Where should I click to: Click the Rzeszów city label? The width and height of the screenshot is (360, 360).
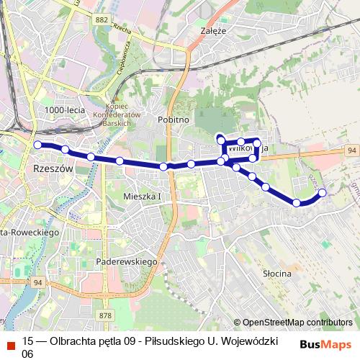click(x=54, y=168)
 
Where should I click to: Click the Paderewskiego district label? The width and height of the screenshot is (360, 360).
click(x=127, y=262)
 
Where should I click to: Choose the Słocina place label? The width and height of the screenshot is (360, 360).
click(x=276, y=274)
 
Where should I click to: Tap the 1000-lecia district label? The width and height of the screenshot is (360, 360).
click(x=64, y=109)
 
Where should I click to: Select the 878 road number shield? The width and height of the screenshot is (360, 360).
click(x=107, y=315)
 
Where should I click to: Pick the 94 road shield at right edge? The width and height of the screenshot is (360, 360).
click(x=351, y=150)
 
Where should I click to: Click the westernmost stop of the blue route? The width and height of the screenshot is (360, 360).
click(x=37, y=145)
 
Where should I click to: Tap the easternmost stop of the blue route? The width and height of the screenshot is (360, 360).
click(x=322, y=192)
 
